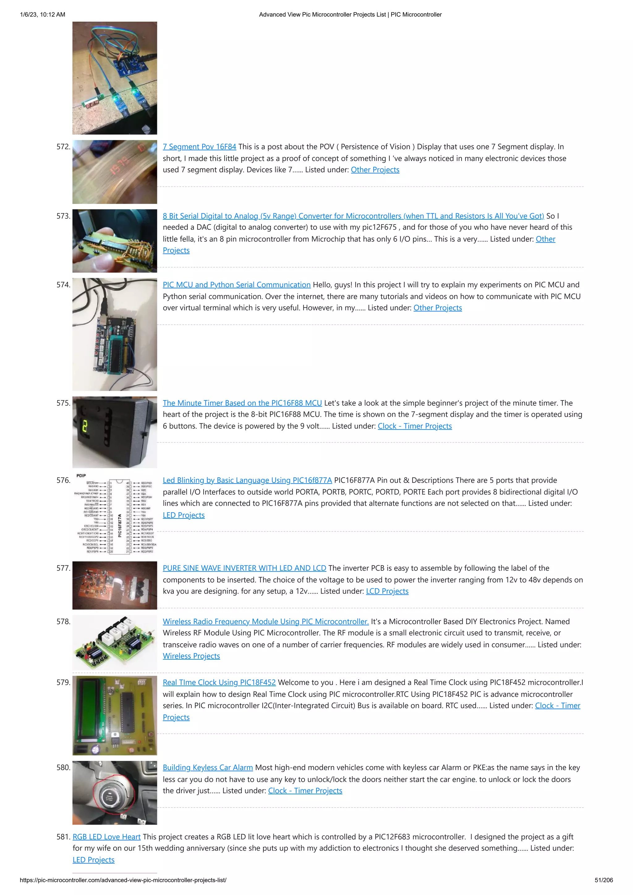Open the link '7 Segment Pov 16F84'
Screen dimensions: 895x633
point(199,146)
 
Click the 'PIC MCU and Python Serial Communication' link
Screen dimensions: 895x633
point(236,285)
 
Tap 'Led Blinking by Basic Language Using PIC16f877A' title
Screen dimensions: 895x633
point(247,480)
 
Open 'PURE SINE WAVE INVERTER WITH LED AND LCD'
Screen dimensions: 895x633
point(244,568)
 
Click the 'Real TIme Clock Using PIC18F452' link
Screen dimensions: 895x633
point(219,682)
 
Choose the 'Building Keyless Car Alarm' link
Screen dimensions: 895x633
point(207,767)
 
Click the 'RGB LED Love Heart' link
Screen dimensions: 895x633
point(106,837)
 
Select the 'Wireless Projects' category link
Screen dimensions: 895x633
point(191,656)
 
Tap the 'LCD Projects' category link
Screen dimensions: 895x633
point(387,591)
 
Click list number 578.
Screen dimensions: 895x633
point(63,621)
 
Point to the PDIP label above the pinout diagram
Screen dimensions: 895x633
point(81,475)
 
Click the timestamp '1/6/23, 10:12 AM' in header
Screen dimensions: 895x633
point(43,15)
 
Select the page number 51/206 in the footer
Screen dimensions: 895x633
point(603,880)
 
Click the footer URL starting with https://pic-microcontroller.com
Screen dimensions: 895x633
point(123,880)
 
